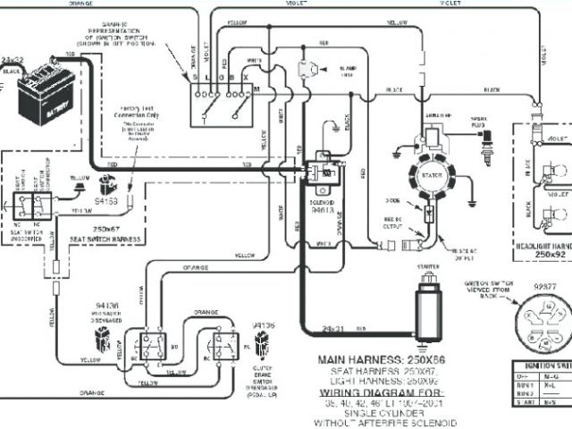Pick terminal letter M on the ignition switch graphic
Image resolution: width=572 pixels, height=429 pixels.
(x=257, y=90)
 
